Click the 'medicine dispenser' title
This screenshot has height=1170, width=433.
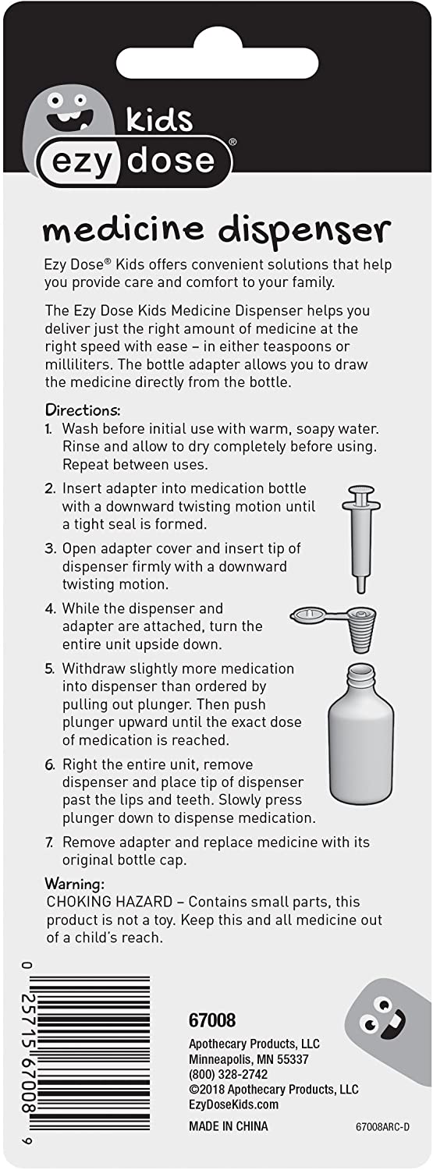(215, 230)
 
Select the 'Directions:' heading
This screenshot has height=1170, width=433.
(82, 409)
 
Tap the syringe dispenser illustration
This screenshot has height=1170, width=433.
(360, 537)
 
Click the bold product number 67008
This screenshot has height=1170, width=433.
(212, 1020)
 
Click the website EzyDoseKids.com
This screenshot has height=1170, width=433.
(233, 1104)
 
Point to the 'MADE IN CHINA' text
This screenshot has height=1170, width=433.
(228, 1126)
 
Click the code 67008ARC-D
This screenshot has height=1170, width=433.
(381, 1127)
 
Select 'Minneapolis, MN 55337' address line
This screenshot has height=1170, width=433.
(248, 1059)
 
